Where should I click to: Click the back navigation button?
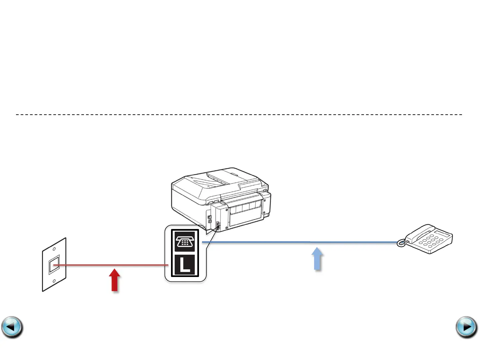[x=12, y=327]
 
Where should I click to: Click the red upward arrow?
[x=115, y=280]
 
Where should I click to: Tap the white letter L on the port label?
[x=185, y=265]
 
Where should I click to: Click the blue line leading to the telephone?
[x=300, y=242]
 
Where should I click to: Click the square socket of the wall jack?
[x=54, y=265]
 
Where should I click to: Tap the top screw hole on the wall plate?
[x=54, y=249]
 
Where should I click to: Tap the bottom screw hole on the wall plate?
[x=54, y=281]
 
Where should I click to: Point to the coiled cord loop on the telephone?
[x=401, y=244]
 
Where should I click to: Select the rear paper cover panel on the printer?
[x=245, y=213]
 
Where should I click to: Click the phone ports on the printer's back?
[x=218, y=226]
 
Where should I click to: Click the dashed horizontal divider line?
[x=239, y=114]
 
